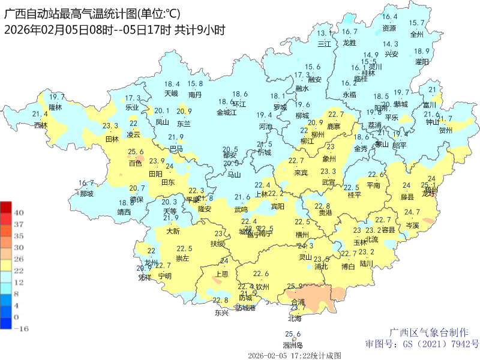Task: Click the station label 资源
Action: [x=389, y=28]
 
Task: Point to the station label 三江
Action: [x=324, y=44]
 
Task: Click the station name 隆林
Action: [x=55, y=107]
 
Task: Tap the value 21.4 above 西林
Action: [x=40, y=115]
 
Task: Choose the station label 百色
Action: [x=136, y=163]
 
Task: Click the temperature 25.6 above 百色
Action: [x=136, y=152]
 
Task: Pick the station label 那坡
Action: [x=86, y=194]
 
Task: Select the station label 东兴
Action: [x=221, y=313]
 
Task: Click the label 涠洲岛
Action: [x=292, y=345]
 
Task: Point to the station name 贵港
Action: [x=325, y=213]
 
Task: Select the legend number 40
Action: [x=19, y=212]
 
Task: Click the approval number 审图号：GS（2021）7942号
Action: [x=422, y=344]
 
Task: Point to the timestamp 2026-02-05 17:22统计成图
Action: [x=294, y=355]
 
